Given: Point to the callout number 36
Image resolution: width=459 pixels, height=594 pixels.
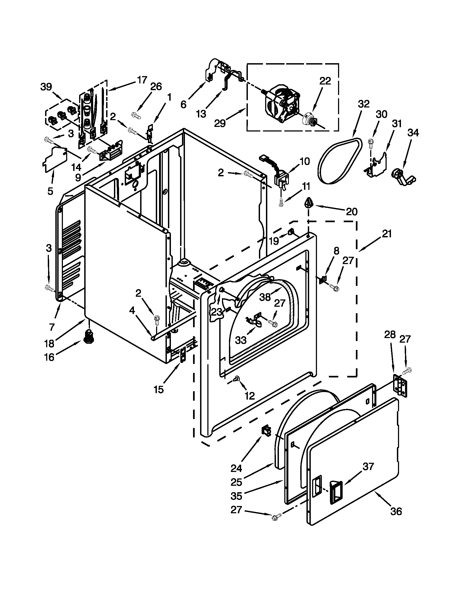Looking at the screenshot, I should point(396,511).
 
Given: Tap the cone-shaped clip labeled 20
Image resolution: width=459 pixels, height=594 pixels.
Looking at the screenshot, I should point(309,203).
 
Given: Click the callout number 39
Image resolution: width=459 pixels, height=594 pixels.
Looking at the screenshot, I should point(46,87).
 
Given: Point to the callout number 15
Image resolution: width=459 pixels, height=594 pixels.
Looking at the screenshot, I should point(158,389).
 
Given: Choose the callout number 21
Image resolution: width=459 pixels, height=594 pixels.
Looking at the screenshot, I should point(387,234).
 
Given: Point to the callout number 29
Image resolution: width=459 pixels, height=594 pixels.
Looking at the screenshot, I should point(220,123).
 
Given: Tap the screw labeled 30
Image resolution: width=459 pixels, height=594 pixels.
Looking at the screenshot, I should point(370,142).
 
